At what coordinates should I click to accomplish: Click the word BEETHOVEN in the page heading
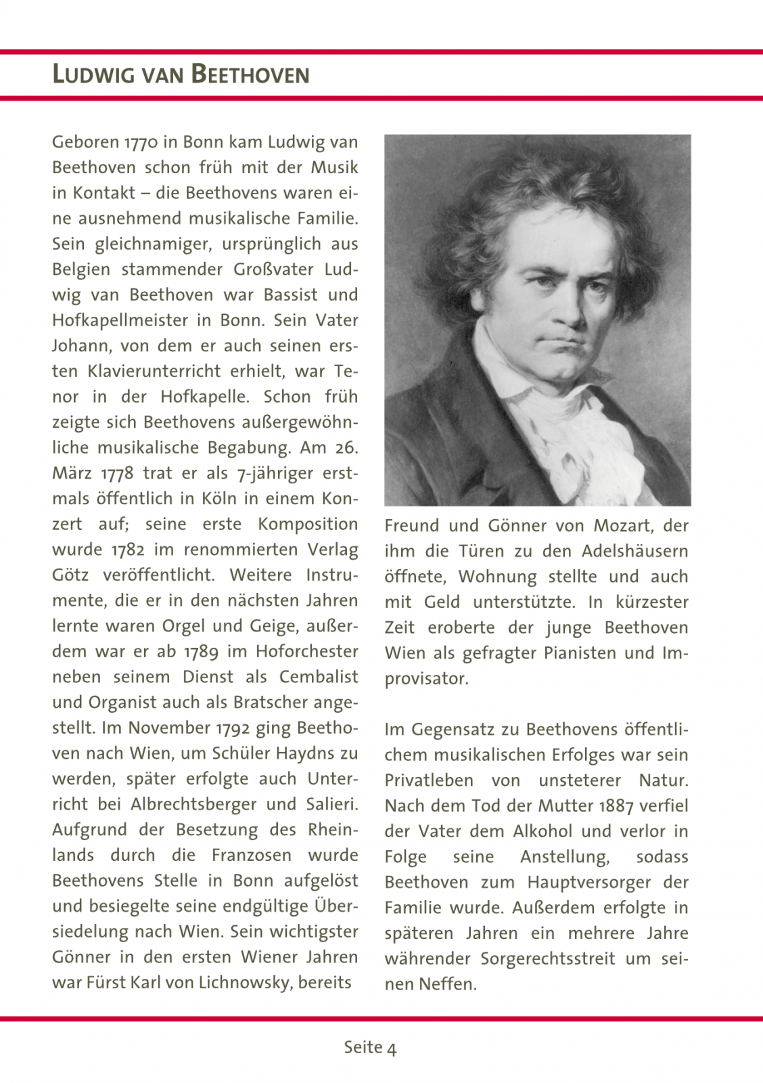pos(250,74)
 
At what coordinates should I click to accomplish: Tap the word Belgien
pos(81,270)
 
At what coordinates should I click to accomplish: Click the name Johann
pos(80,347)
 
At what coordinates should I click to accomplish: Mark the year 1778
pos(118,474)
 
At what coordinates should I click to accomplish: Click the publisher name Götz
pos(70,575)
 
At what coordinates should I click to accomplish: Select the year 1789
pos(201,652)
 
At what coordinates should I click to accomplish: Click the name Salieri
pos(331,805)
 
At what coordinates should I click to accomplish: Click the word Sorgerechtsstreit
pos(548,959)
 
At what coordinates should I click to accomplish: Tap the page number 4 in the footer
pos(392,1048)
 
